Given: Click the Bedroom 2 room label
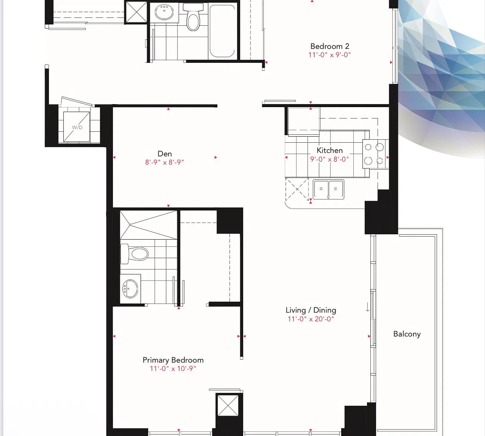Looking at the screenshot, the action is tap(329, 46).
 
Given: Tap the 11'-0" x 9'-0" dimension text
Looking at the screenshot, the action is tap(329, 55).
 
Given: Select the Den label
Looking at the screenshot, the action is tap(165, 154).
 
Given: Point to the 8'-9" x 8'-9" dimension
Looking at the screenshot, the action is tap(164, 162).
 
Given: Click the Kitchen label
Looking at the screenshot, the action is tap(329, 150).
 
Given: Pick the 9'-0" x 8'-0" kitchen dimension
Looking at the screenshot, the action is tap(329, 159).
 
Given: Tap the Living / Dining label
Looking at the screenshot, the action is tap(311, 310).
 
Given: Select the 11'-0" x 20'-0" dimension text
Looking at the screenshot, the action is tap(311, 319).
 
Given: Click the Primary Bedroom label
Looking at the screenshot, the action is tap(173, 360).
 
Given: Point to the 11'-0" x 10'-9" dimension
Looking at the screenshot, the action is tap(173, 369).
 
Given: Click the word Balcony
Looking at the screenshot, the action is tap(407, 334).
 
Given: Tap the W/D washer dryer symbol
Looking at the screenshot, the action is tap(76, 127).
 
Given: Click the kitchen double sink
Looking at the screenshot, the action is tap(328, 189).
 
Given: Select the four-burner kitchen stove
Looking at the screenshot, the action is tap(374, 154).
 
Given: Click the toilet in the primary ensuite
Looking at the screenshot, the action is tap(134, 254).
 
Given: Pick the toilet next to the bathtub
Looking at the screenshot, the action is tap(193, 17).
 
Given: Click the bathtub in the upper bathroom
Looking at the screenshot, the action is tap(222, 31).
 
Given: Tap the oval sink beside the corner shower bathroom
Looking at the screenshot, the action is tap(130, 288).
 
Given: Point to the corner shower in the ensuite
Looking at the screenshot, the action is tap(148, 225).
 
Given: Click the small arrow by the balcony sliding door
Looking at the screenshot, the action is tap(368, 307).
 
